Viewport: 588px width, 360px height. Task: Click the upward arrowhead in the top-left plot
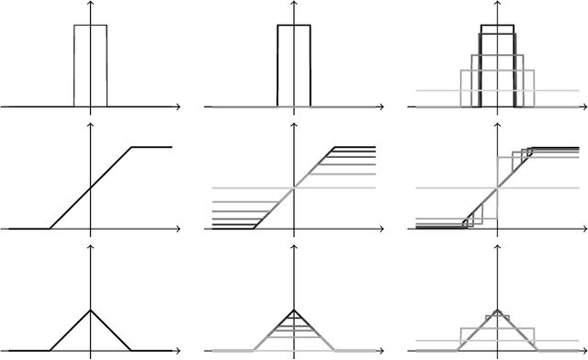point(90,5)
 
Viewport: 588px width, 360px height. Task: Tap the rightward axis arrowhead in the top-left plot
point(177,107)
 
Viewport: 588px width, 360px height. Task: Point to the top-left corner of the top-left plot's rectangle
point(74,25)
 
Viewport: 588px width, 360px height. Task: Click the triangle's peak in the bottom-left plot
point(90,309)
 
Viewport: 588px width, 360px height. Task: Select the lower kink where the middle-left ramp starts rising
point(50,228)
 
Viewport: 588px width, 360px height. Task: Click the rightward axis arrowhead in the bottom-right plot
point(583,351)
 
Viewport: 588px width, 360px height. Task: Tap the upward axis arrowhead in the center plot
point(294,126)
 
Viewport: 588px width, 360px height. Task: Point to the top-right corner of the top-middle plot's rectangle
point(311,25)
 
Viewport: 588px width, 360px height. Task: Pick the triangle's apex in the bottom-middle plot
point(294,309)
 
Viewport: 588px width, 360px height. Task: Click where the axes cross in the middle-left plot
point(90,228)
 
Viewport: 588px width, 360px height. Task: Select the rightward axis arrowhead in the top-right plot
point(583,107)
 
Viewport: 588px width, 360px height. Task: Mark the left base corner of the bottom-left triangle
point(50,350)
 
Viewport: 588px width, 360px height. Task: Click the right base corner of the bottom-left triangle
point(131,350)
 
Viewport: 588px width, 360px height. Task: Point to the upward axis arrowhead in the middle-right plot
point(497,126)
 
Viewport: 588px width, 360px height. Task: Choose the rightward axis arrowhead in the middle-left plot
point(177,228)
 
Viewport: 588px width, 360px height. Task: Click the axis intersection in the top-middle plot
point(294,107)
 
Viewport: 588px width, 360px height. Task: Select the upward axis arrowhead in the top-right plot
point(497,5)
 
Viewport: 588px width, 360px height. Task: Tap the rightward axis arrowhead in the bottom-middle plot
point(380,351)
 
